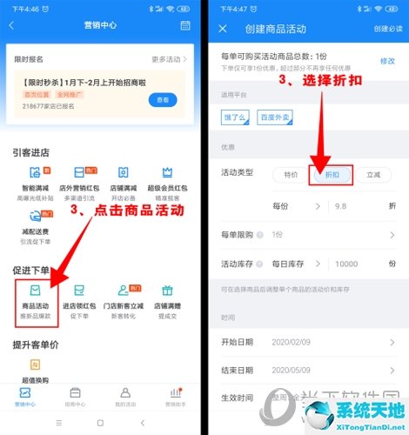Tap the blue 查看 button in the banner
click(x=163, y=101)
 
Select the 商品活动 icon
click(x=36, y=291)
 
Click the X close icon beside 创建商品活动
click(x=223, y=28)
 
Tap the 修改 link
click(x=387, y=61)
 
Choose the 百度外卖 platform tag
click(x=277, y=116)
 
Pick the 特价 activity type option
click(x=291, y=174)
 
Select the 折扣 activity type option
click(x=332, y=174)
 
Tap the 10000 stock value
click(x=346, y=264)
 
